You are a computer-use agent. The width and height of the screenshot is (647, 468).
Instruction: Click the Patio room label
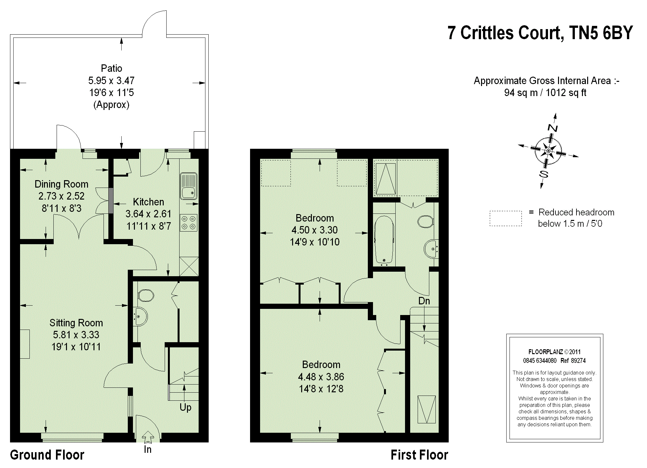(111, 68)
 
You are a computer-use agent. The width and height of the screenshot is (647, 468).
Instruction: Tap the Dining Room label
(61, 184)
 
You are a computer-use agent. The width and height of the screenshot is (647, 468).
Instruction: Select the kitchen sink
(188, 186)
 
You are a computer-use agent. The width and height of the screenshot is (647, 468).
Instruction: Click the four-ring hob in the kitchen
(188, 223)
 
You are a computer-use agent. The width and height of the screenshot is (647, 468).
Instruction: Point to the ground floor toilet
(145, 295)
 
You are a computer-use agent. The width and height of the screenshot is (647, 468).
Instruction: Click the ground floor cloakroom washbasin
(140, 317)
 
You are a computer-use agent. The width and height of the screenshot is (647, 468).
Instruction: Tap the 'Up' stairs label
(185, 408)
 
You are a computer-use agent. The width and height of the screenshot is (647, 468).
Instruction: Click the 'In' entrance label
(148, 449)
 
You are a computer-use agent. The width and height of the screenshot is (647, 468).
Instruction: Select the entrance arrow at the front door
(148, 437)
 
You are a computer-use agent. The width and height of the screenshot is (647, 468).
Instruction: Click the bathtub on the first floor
(384, 240)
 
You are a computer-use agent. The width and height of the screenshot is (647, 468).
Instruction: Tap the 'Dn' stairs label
(424, 301)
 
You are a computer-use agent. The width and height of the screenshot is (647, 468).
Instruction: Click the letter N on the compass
(553, 128)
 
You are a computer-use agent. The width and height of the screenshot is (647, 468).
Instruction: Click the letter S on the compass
(544, 174)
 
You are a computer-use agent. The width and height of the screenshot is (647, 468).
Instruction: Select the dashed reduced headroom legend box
(506, 218)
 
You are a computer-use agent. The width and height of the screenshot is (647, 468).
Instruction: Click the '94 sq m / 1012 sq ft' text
(545, 93)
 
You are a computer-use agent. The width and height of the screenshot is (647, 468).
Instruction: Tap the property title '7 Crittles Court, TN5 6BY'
(540, 33)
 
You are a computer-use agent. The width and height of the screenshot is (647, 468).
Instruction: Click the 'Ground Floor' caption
(47, 455)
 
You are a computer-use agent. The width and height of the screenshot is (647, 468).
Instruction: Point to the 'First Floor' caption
(419, 455)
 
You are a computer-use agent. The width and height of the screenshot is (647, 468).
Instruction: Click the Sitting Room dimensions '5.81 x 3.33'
(76, 335)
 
